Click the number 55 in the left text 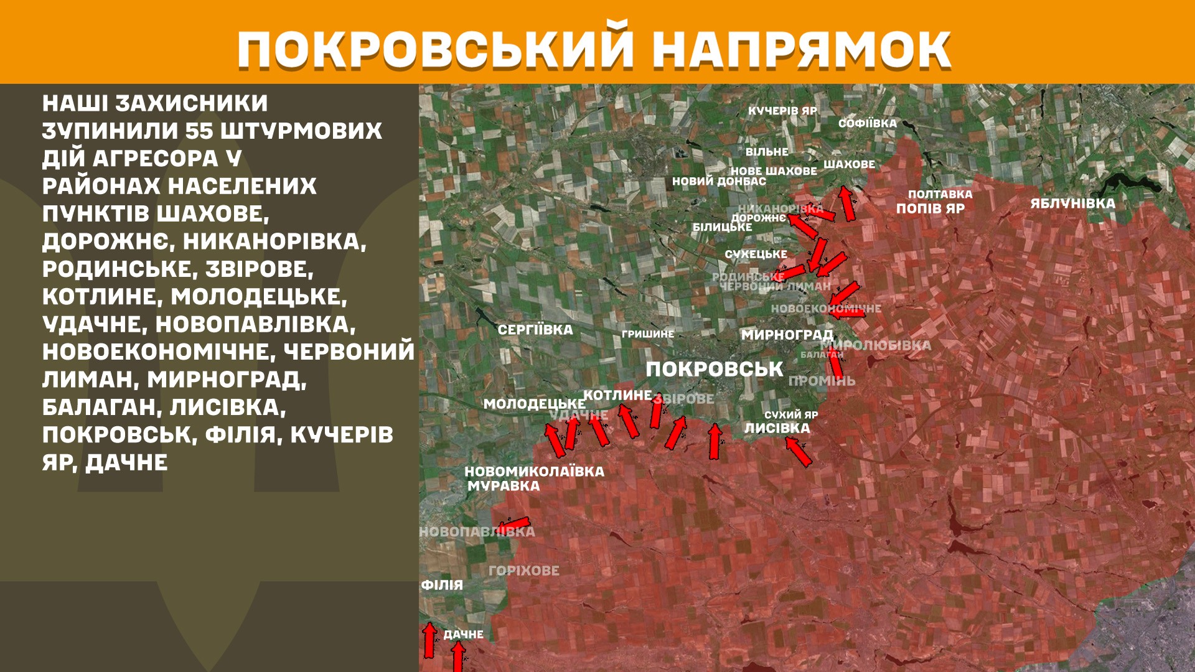[x=199, y=131]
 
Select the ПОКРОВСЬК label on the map [x=714, y=369]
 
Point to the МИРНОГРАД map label [x=787, y=335]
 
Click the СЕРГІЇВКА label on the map [x=535, y=330]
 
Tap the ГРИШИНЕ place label [x=648, y=334]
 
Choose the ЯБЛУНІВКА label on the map [x=1072, y=203]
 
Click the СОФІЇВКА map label [x=868, y=123]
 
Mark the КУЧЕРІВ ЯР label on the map [x=782, y=111]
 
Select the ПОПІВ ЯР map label [x=930, y=208]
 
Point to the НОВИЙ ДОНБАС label [x=719, y=182]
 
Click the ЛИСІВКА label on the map [x=777, y=428]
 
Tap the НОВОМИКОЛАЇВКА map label [x=534, y=472]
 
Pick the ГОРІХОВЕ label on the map [x=524, y=571]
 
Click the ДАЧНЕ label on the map [x=463, y=635]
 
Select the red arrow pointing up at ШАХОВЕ [x=846, y=203]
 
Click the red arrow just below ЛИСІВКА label [x=799, y=452]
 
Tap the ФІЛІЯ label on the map [x=442, y=585]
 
